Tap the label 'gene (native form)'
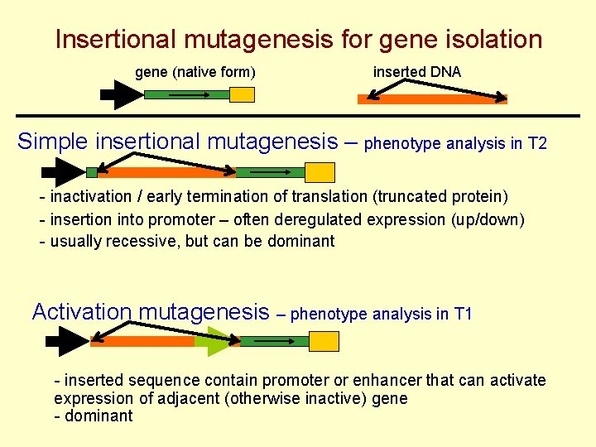coord(195,73)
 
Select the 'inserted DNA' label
coord(417,72)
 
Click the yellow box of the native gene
coord(242,95)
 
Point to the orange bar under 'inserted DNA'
coord(431,99)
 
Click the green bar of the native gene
coord(186,94)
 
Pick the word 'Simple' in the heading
coord(54,142)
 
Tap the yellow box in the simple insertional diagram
coord(320,172)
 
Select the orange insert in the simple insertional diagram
coord(166,173)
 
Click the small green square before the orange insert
coord(91,172)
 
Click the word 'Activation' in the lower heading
coord(82,312)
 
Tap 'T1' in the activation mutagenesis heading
coord(464,315)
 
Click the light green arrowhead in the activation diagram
coord(218,341)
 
